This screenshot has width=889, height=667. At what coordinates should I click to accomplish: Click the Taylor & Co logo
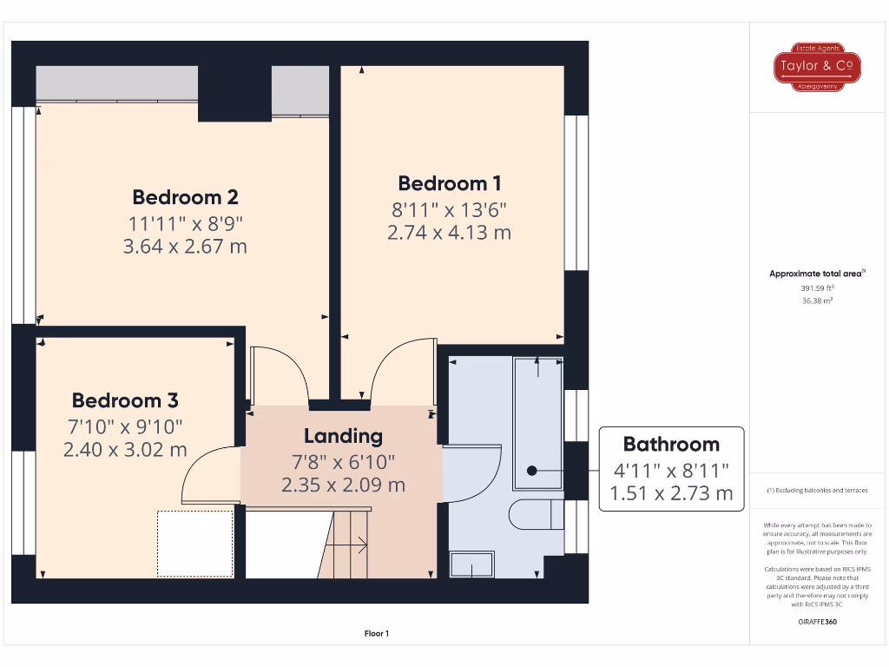(817, 66)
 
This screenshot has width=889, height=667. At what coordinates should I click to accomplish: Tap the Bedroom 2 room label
(185, 196)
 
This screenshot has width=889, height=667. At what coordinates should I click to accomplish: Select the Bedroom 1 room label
(449, 183)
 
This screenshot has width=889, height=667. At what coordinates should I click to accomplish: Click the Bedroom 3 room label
(125, 400)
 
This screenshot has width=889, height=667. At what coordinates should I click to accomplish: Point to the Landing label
(343, 436)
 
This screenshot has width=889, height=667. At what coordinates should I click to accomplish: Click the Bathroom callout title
(671, 445)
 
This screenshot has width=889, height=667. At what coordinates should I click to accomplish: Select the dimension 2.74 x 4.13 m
(449, 233)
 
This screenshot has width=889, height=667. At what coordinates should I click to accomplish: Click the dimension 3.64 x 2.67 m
(185, 247)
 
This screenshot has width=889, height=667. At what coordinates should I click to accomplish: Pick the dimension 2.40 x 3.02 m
(125, 450)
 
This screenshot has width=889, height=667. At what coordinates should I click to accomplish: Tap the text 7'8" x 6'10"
(343, 461)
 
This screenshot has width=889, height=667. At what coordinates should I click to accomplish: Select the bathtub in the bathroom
(538, 419)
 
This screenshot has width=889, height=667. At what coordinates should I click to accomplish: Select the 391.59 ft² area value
(816, 287)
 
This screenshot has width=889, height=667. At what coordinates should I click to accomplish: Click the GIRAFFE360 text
(816, 622)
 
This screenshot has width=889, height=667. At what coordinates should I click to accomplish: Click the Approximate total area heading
(816, 274)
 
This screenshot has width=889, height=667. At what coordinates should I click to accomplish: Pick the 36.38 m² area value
(816, 300)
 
